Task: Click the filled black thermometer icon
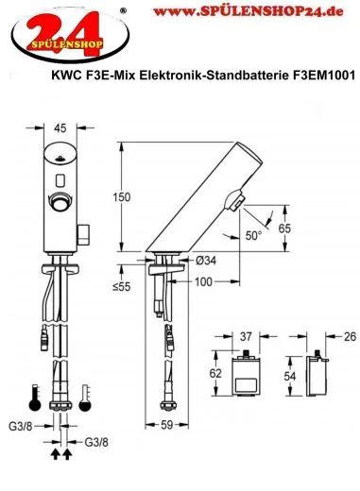point(36,398)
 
